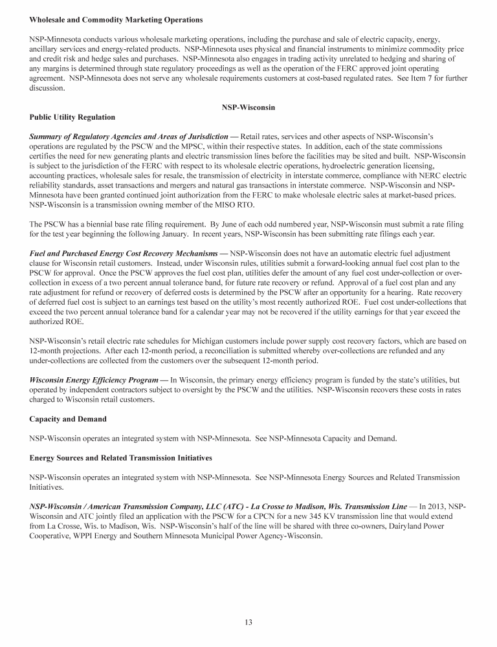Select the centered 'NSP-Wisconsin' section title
pos(248,107)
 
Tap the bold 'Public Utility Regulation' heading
pos(72,117)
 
